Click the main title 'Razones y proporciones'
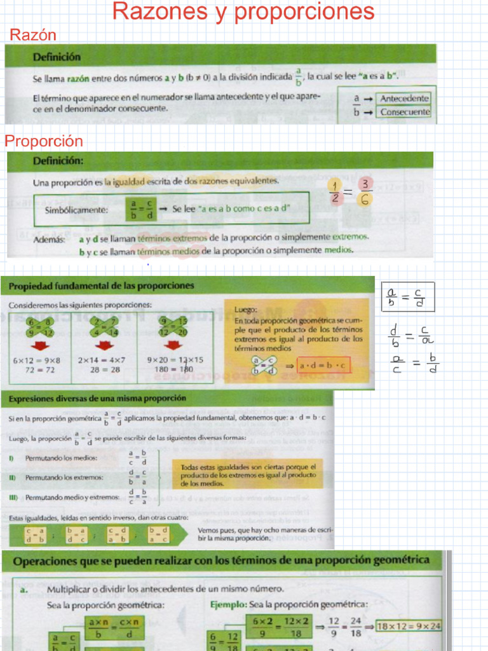pos(243,11)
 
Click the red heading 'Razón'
pos(33,35)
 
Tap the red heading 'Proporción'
pos(44,141)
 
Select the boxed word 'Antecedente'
pos(404,99)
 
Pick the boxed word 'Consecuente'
pos(405,113)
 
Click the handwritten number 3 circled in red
pos(365,184)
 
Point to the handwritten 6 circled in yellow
pos(365,200)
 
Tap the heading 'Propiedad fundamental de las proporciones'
pos(101,286)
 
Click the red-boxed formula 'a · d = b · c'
pos(323,366)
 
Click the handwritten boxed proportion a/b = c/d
pos(408,297)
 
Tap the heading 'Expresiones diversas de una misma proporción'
pos(97,398)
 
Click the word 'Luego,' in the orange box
pos(245,310)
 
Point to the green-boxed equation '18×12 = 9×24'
pos(408,626)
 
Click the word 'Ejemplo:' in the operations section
pos(229,605)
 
